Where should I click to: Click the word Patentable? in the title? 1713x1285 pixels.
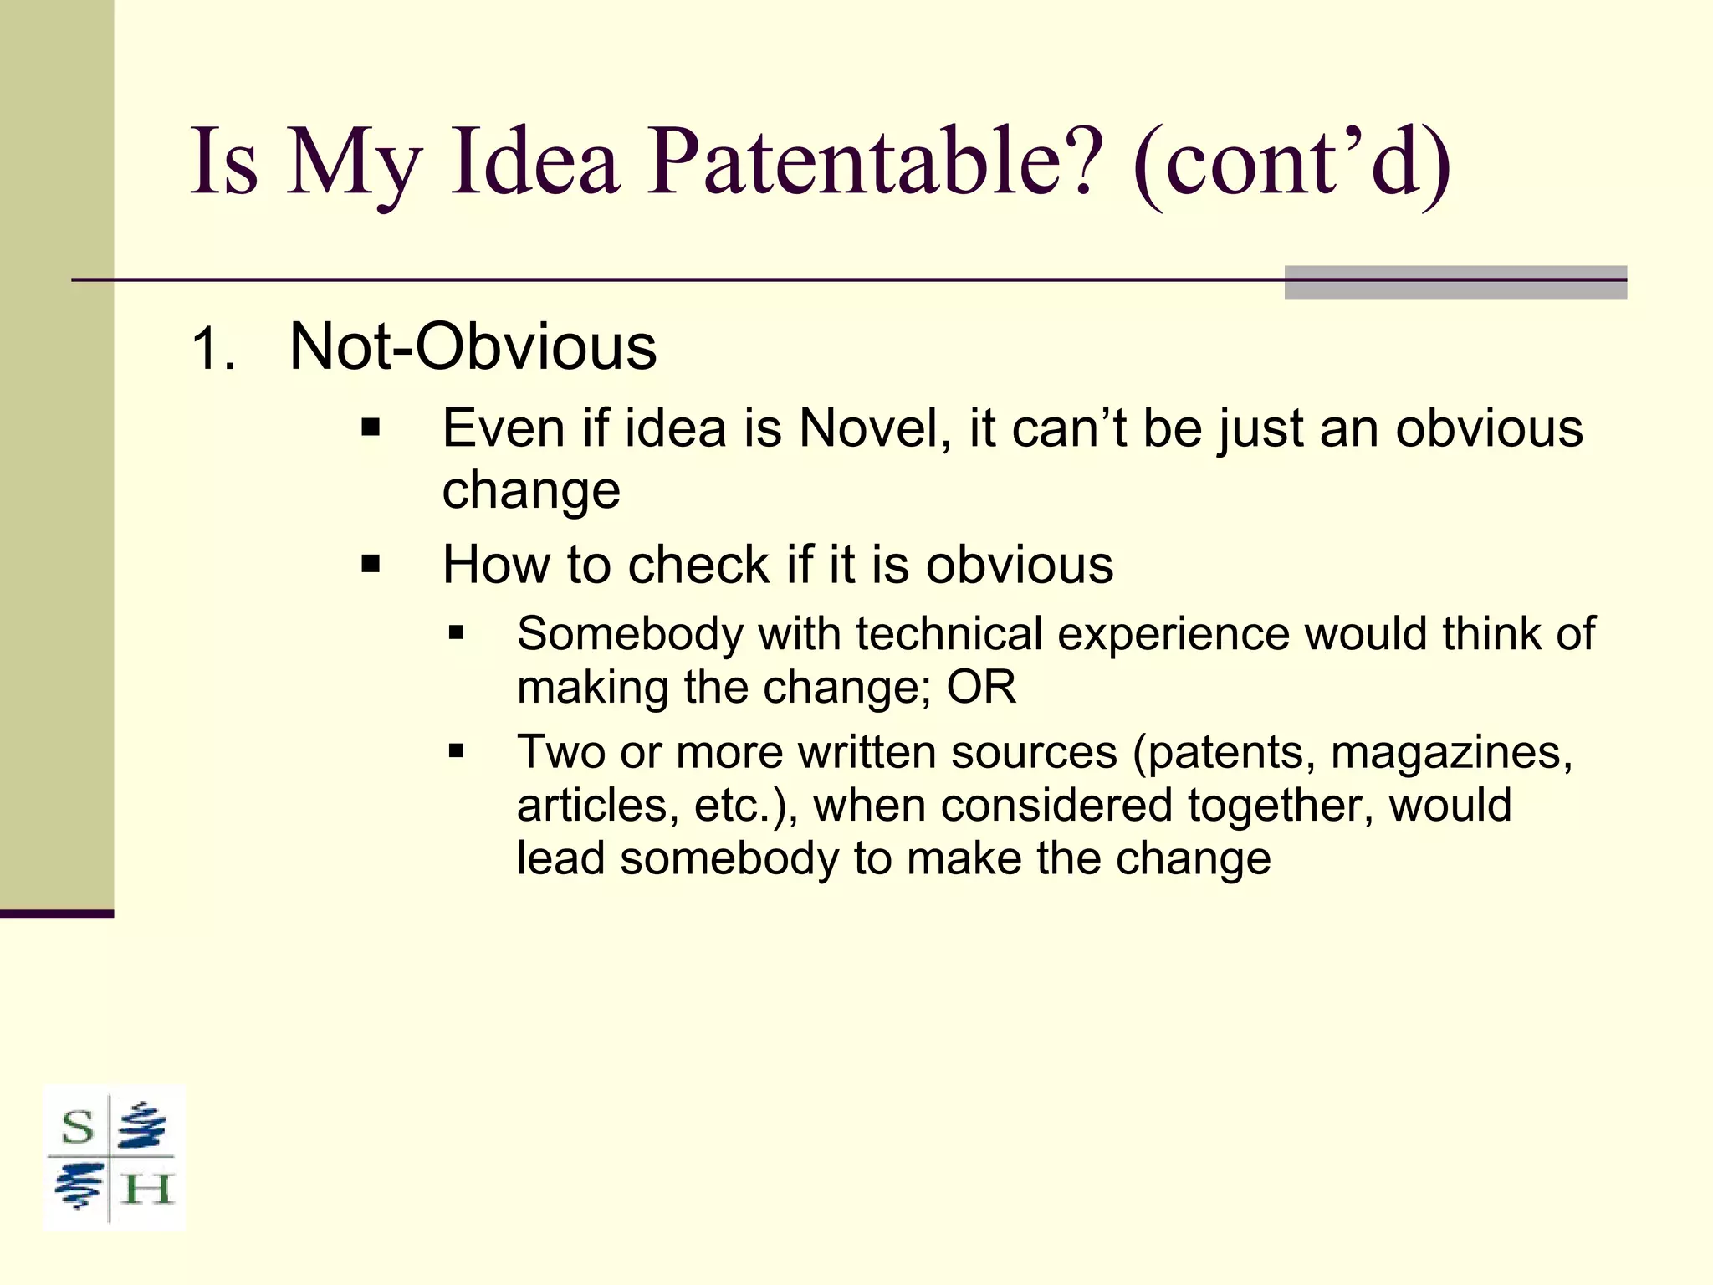(x=870, y=161)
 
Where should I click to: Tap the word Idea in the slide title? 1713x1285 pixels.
(x=534, y=161)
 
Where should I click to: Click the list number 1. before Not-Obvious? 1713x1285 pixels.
(x=213, y=349)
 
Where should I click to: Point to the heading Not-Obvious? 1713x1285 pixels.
(x=473, y=347)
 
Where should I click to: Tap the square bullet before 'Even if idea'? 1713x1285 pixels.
(x=371, y=429)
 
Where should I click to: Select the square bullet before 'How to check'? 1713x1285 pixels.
(x=371, y=565)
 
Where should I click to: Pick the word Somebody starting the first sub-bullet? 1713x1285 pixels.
(x=630, y=633)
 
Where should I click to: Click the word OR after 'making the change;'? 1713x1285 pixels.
(x=981, y=688)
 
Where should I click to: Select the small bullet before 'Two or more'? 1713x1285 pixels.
(x=456, y=750)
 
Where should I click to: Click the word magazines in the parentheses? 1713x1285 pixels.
(x=1451, y=752)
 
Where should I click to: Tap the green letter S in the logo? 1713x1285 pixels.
(x=78, y=1127)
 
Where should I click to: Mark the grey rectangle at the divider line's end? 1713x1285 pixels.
(x=1455, y=282)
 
